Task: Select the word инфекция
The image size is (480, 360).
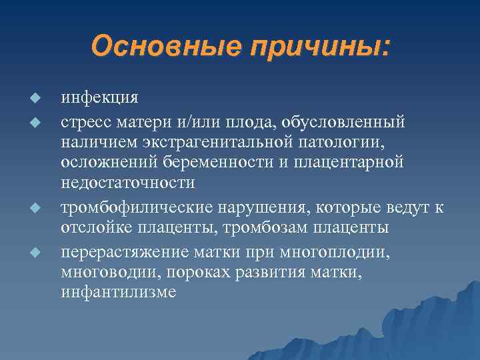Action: click(x=100, y=98)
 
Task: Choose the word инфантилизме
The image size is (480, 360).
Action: click(x=119, y=293)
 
